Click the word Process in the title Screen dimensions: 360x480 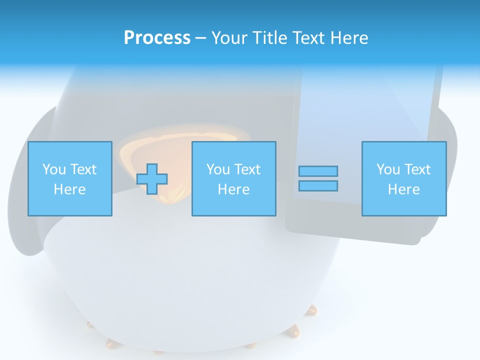pos(157,38)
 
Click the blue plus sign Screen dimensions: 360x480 pos(152,179)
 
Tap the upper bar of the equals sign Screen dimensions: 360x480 pos(318,171)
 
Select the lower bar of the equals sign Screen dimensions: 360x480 pos(318,185)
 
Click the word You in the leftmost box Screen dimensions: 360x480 pos(54,169)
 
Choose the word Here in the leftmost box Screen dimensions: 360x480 pos(69,189)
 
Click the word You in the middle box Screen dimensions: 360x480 pos(218,169)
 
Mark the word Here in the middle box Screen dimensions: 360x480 pos(233,189)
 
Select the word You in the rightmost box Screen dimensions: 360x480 pos(388,169)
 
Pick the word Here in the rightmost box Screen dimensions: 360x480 pos(403,189)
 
